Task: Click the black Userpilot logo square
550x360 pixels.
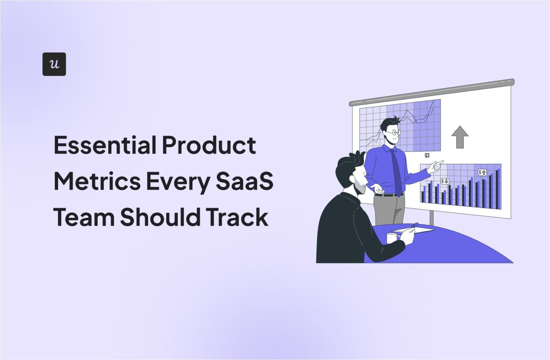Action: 54,64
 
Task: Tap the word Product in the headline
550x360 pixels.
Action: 209,145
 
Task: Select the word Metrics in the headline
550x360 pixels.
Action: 97,181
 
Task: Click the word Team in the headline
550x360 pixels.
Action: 84,217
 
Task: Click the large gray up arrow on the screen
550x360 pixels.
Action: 460,137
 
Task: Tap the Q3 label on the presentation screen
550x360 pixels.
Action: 427,155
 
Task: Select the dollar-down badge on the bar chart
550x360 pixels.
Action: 445,181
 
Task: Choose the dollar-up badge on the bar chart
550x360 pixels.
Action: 482,172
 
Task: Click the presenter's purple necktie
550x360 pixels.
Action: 396,172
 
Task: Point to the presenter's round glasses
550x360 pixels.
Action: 395,133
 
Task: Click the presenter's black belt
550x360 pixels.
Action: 388,195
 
